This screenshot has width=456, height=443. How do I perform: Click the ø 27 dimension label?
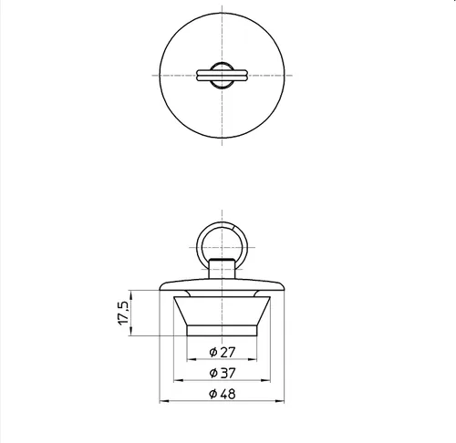pos(223,352)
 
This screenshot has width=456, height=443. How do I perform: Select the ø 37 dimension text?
pos(223,373)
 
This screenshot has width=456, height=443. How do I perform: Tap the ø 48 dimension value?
pos(223,394)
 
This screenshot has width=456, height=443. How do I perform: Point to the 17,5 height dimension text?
pos(123,313)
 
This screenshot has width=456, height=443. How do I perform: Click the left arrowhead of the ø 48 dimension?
pos(164,401)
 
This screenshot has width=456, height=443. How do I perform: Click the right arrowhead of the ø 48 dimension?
pos(280,401)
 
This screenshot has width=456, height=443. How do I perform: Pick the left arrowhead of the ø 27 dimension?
pos(192,359)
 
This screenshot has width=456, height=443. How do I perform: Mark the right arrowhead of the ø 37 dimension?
pos(265,380)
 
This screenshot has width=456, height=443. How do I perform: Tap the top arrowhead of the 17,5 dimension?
pos(131,295)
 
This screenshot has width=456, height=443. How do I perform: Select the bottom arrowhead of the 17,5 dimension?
pos(131,331)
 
